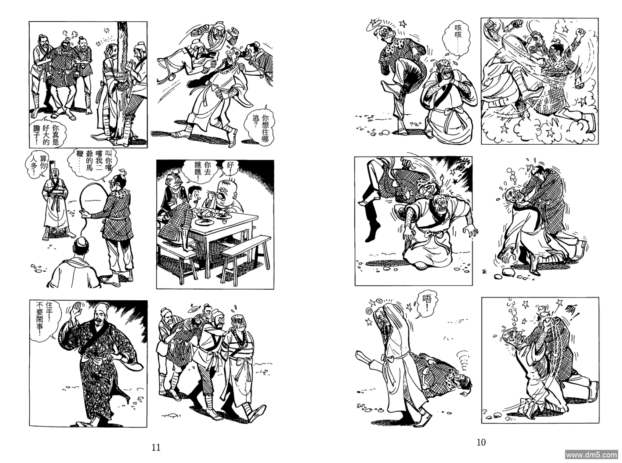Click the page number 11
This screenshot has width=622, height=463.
click(156, 447)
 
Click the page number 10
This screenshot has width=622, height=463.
click(481, 443)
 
